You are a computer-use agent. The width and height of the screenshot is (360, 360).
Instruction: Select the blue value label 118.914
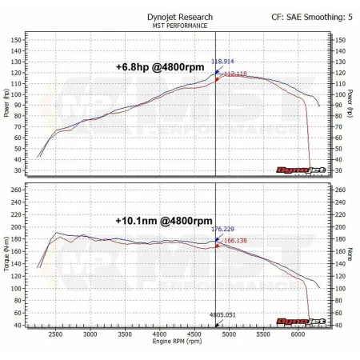tap(224, 62)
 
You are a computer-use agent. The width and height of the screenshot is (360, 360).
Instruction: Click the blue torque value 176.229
tap(225, 230)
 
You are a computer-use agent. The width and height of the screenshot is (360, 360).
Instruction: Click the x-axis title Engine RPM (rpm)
tap(178, 342)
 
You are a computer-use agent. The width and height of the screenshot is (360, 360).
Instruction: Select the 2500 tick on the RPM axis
tap(55, 334)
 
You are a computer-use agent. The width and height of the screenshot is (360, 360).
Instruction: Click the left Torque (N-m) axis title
tap(7, 255)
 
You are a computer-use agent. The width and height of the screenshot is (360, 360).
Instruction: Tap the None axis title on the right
tap(350, 255)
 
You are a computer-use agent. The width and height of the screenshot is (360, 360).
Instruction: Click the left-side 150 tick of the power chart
tap(17, 38)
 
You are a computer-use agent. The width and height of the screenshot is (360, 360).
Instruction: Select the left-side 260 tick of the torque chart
tap(17, 190)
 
